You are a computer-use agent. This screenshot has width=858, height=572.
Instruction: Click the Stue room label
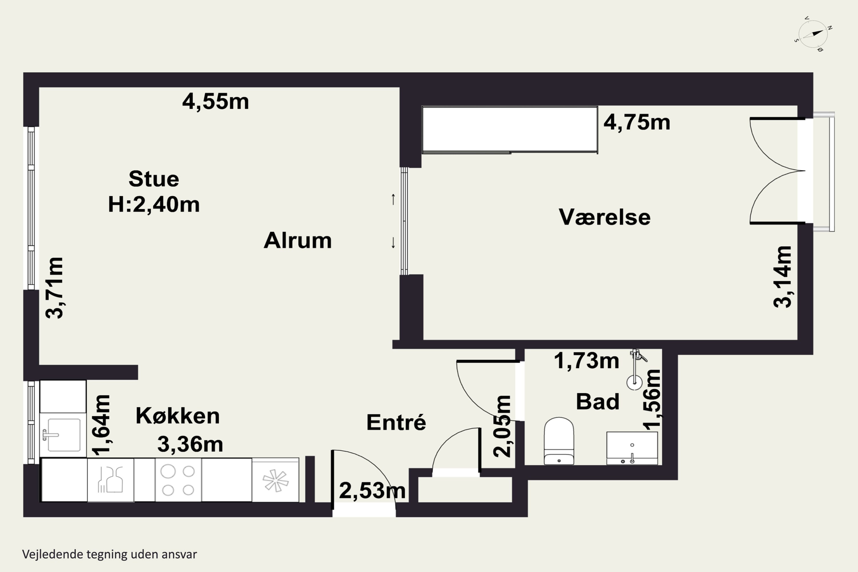(154, 179)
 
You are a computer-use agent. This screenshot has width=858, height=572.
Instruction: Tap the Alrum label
(298, 241)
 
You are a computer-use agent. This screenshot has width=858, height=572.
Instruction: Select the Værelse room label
(605, 217)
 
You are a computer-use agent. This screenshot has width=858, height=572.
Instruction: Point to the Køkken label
(178, 416)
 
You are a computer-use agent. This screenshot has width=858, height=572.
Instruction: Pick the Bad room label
(597, 401)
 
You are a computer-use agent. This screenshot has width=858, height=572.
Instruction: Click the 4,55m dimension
(216, 102)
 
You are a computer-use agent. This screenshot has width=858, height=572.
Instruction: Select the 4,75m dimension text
(637, 122)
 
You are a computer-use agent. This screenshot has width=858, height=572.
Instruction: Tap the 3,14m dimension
(783, 277)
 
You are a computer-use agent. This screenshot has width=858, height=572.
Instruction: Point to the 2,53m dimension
(372, 491)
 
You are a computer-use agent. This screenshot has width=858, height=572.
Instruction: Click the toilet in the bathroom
(559, 441)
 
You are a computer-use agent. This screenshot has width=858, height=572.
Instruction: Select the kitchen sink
(63, 435)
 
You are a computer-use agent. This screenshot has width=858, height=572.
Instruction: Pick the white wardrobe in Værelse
(510, 130)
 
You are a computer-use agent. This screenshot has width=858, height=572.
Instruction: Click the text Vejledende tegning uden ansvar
(110, 554)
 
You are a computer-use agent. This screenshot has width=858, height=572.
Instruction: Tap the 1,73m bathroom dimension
(587, 361)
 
